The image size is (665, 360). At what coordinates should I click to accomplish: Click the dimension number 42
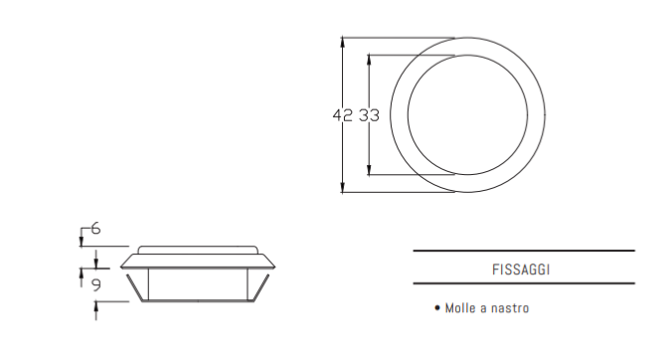pos(342,115)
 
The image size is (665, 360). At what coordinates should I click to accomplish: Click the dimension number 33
pos(369,115)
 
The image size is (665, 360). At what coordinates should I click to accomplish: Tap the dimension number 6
pos(95,229)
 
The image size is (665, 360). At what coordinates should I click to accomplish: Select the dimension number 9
pos(96,284)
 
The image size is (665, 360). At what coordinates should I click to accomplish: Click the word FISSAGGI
pos(521,270)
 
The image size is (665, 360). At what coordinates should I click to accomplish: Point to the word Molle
pos(459,308)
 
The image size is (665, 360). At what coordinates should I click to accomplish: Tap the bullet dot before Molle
pos(437,307)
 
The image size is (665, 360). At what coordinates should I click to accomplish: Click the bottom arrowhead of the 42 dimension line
pos(343,187)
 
